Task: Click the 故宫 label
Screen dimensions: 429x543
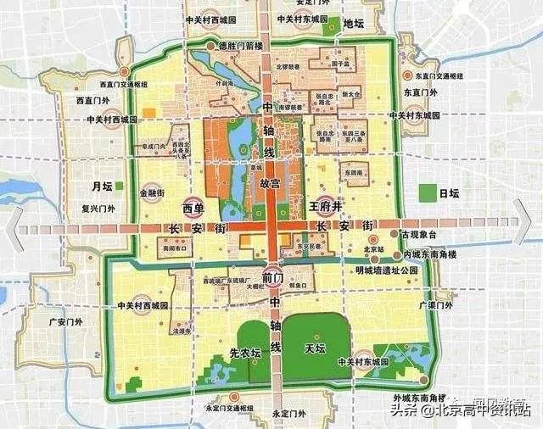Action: (x=269, y=182)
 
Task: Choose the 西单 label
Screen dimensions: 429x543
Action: (x=193, y=208)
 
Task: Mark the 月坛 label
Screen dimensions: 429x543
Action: (x=102, y=186)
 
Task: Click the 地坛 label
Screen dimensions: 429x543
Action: (x=353, y=24)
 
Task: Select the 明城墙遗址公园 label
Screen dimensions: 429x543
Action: (x=388, y=270)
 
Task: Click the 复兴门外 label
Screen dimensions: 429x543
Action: (x=98, y=205)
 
